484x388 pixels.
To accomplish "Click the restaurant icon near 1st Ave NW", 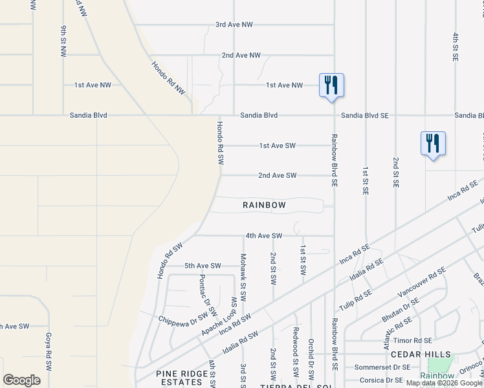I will (331, 85).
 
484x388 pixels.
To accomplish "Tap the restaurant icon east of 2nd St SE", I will (433, 144).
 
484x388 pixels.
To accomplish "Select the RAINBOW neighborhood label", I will (264, 205).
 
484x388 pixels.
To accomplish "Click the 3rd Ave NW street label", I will (234, 25).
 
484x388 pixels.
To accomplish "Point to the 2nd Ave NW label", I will (241, 56).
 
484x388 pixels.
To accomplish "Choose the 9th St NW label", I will (63, 41).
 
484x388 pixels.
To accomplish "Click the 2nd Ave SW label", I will (277, 175).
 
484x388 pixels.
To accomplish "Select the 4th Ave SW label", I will (264, 236).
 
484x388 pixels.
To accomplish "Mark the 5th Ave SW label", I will (203, 266).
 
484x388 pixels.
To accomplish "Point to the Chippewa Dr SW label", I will (184, 317).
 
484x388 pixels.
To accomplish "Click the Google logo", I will (21, 380).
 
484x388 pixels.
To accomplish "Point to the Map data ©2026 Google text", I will (445, 383).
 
